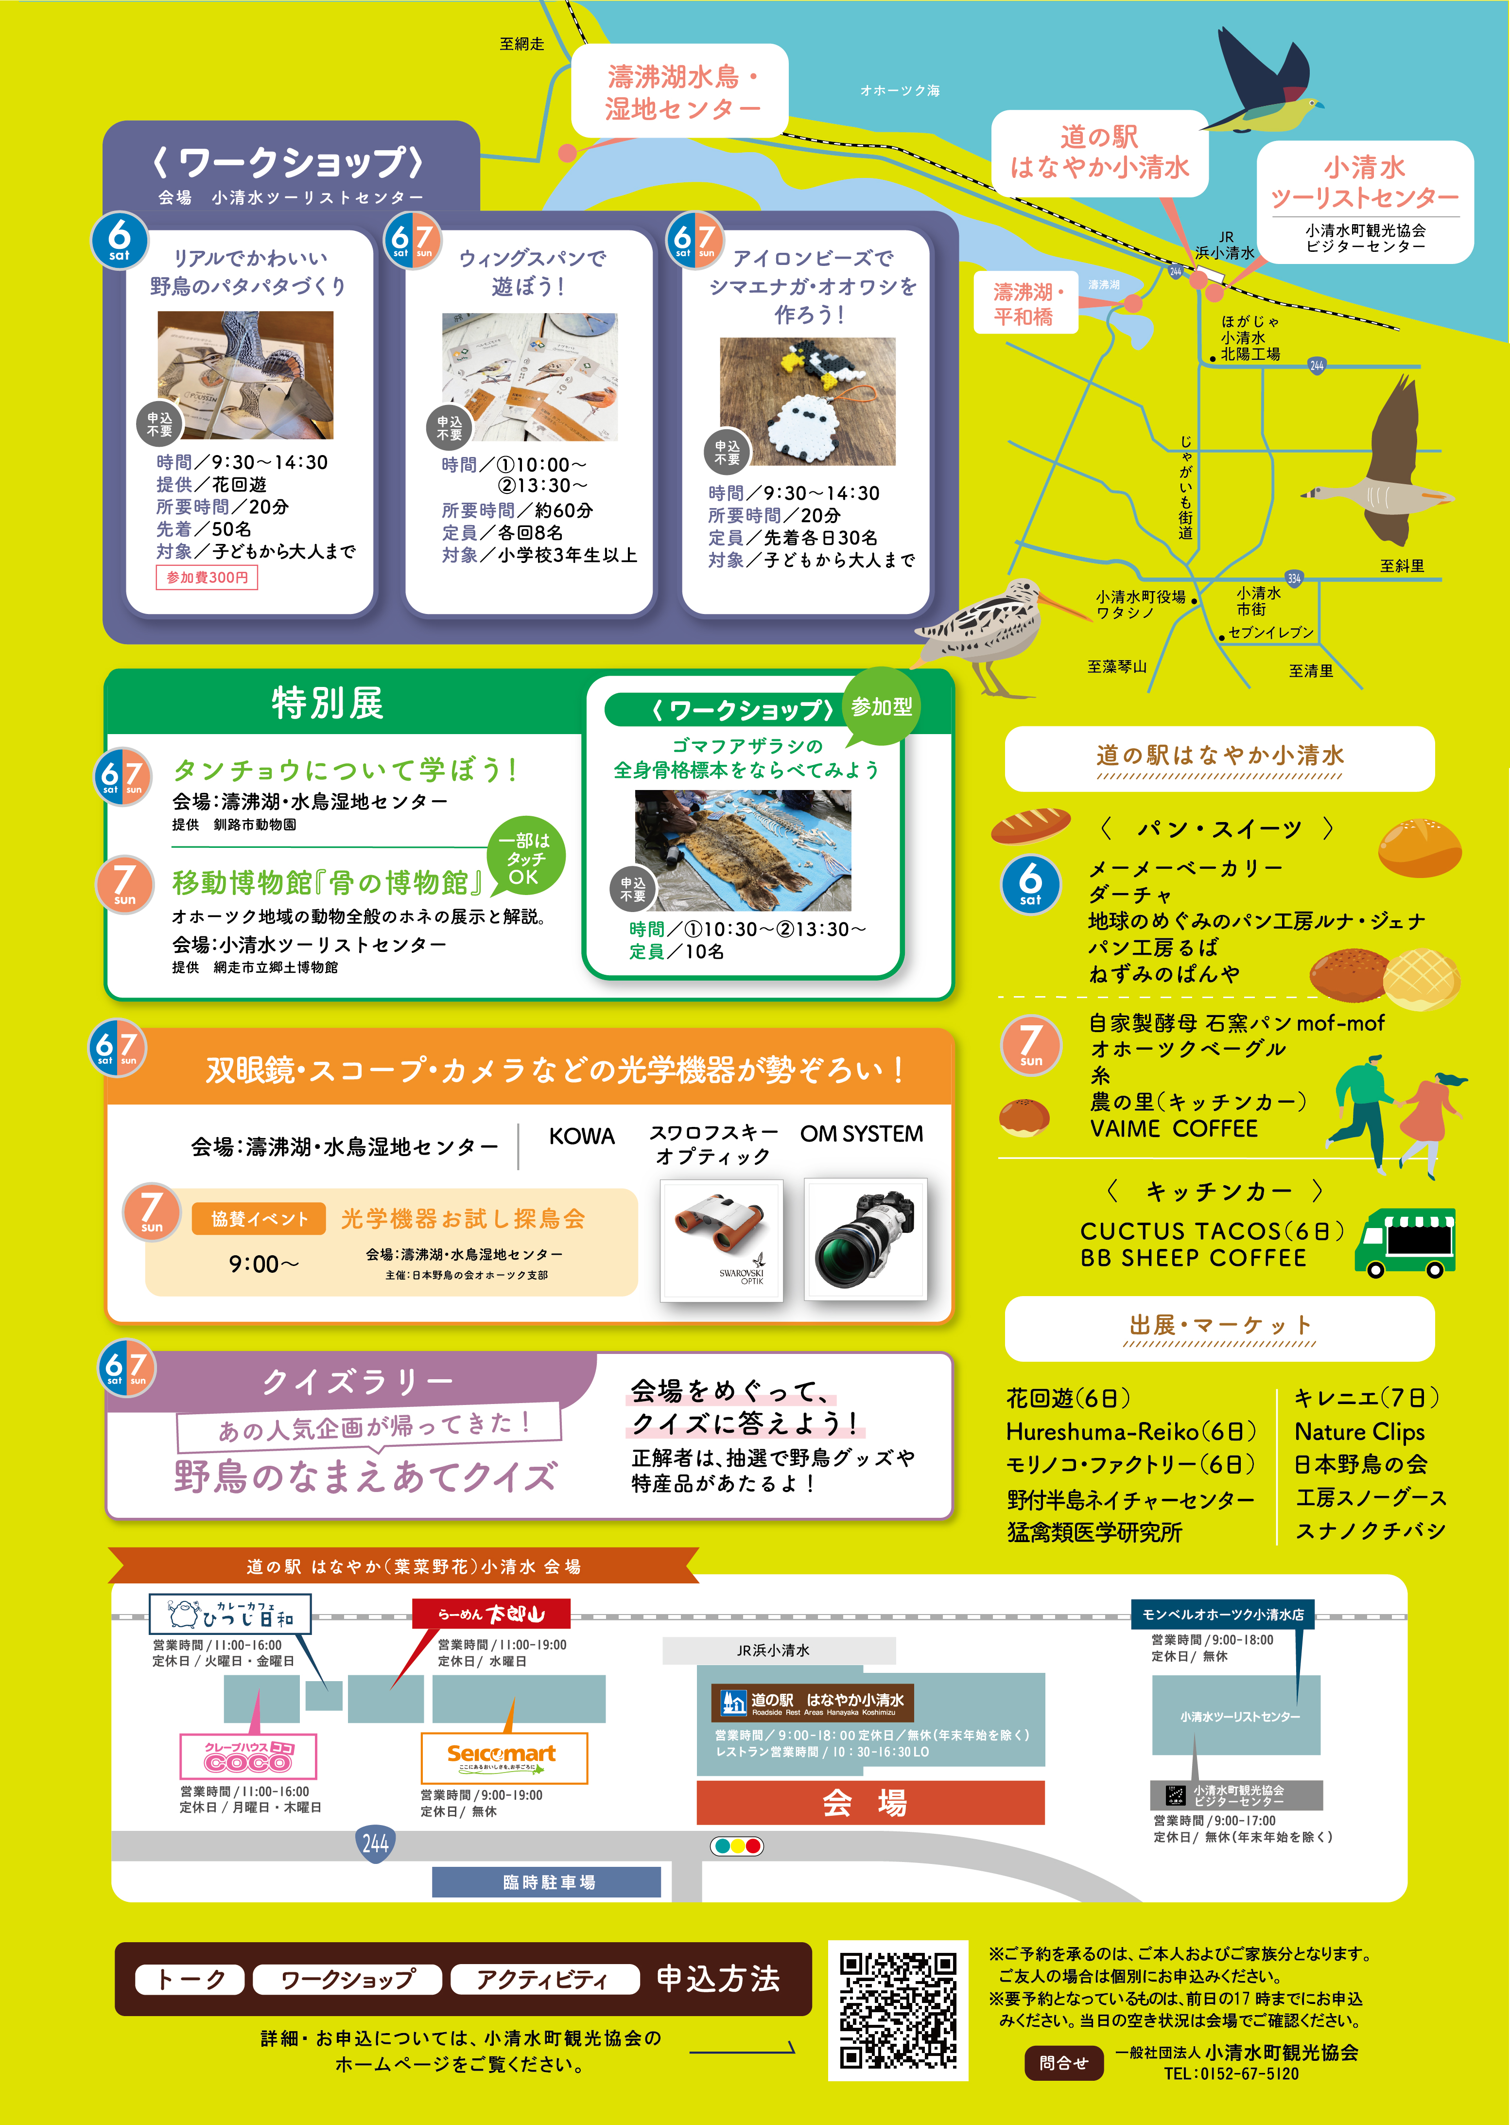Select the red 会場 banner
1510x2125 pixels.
tap(870, 1802)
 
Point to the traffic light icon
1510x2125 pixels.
tap(736, 1846)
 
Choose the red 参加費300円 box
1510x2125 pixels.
tap(207, 578)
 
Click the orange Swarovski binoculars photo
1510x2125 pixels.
tap(722, 1240)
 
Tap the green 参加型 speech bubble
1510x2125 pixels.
tap(882, 706)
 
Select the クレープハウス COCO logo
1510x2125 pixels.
tap(248, 1756)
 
